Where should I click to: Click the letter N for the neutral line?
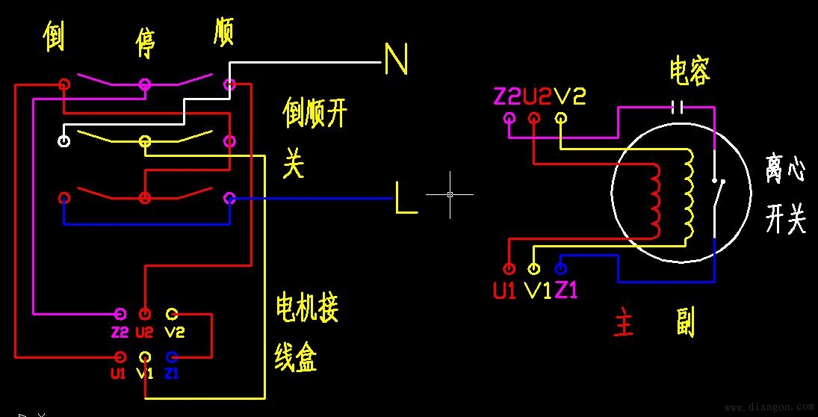click(396, 59)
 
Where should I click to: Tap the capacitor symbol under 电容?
click(677, 106)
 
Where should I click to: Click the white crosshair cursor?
click(450, 194)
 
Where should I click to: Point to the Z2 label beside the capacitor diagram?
click(507, 96)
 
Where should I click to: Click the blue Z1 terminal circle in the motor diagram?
click(561, 268)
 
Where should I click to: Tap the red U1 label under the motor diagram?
click(505, 290)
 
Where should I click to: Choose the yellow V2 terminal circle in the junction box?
click(171, 313)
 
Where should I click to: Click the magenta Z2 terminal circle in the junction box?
click(120, 313)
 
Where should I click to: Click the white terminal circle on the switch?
click(65, 140)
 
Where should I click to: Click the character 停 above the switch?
click(144, 43)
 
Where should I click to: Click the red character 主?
click(623, 324)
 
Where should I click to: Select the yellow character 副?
click(684, 322)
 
